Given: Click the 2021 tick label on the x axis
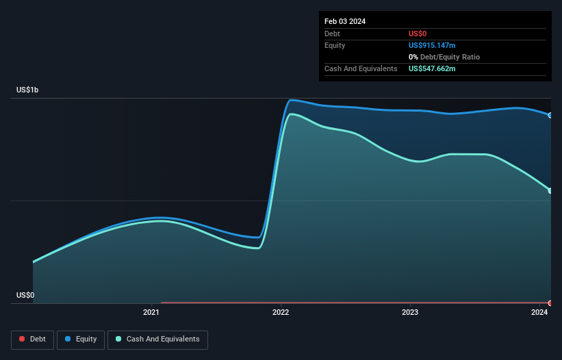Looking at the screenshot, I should point(151,313).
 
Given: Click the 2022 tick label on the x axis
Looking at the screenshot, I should point(281,313).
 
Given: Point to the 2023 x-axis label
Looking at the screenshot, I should point(410,313).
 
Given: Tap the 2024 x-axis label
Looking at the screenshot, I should point(539,313).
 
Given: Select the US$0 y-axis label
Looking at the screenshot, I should point(25,296).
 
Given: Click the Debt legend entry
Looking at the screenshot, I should point(32,339).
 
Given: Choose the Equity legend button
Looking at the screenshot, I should point(81,339).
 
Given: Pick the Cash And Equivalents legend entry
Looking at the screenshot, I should point(157,339).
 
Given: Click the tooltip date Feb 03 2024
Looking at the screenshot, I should point(345,21).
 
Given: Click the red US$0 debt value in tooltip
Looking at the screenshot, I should point(418,34).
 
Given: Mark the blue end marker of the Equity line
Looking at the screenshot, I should point(550,115).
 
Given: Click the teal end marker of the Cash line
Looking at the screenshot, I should point(550,190).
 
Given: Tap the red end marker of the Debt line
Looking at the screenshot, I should point(550,303).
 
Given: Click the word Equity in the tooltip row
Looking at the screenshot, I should point(335,45).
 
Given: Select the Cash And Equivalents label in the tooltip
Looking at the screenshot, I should point(361,69).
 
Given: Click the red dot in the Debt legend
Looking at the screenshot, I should point(22,339).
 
